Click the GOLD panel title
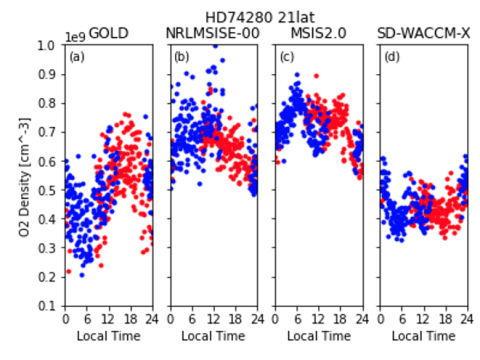[x=109, y=34]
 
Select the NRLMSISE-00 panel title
[x=213, y=34]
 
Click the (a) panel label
[x=77, y=56]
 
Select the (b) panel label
[x=181, y=56]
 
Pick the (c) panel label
[x=286, y=56]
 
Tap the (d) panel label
[x=391, y=56]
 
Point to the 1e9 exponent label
[x=76, y=36]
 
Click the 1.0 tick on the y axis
[x=49, y=46]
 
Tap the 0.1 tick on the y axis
[x=49, y=306]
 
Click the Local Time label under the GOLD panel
[x=109, y=335]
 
